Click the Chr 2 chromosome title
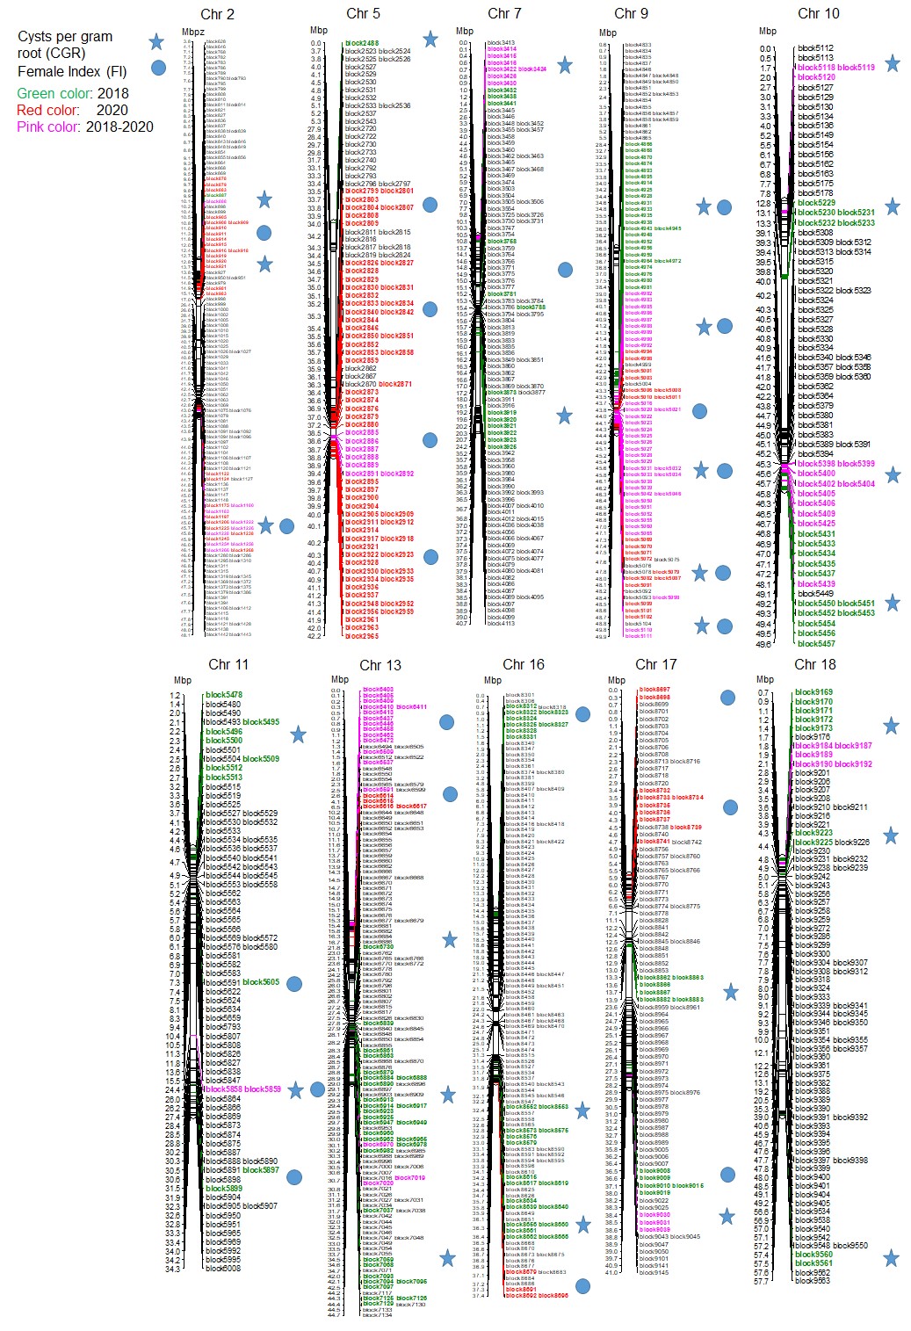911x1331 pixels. pos(217,14)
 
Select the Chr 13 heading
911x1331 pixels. pos(380,665)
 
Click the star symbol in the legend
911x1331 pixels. pos(156,42)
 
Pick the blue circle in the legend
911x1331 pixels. pos(158,68)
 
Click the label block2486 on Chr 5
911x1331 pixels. pos(362,43)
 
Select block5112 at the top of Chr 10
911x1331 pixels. pos(815,48)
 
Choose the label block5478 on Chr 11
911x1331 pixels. pos(224,695)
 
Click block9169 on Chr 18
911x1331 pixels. pos(813,692)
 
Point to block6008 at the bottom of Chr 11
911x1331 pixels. pos(222,1268)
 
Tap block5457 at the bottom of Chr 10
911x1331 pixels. pos(816,643)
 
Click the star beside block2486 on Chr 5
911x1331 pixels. pos(430,40)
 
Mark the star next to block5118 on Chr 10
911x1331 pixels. pos(892,63)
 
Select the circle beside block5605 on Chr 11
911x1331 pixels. pos(294,984)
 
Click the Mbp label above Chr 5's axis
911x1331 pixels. pos(319,30)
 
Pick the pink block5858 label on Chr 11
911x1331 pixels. pos(222,1089)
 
